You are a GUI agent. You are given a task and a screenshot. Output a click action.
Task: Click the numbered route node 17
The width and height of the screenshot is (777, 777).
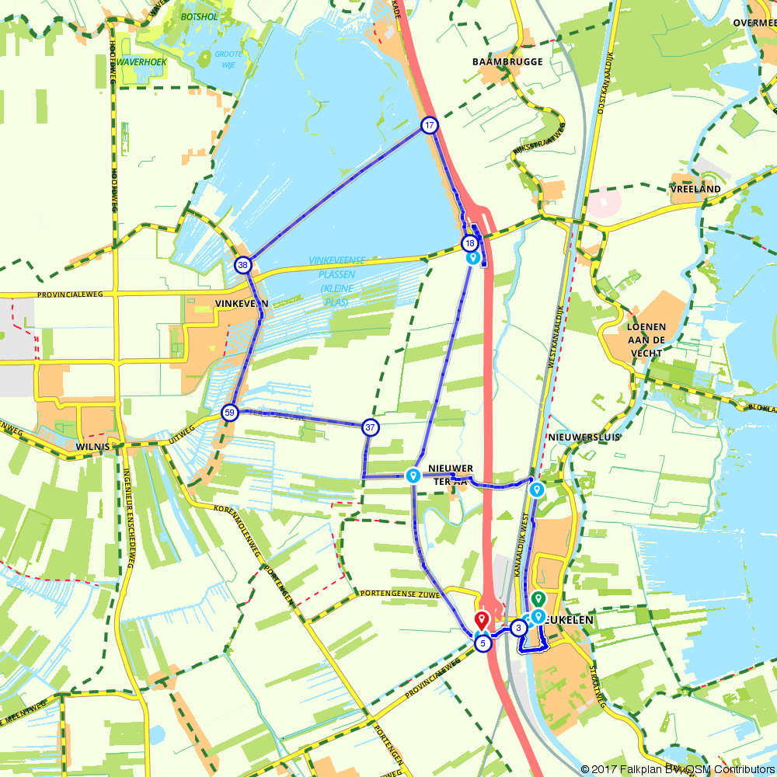429,125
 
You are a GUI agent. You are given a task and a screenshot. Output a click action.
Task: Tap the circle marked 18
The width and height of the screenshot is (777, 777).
469,242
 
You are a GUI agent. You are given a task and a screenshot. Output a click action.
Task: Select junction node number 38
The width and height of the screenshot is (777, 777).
243,265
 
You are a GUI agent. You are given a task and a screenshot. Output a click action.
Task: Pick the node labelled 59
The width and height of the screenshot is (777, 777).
229,412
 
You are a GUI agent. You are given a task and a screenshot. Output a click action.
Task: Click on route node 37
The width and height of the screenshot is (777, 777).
371,427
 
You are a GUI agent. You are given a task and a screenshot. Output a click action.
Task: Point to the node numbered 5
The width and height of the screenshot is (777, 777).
483,643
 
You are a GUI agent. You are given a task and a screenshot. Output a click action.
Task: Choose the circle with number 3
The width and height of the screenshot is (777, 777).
517,628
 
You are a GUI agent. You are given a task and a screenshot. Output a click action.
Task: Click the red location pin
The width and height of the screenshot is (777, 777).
482,621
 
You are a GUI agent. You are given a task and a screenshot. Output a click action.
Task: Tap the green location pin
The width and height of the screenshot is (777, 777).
538,599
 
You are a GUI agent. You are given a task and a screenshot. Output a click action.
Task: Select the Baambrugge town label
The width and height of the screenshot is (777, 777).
507,61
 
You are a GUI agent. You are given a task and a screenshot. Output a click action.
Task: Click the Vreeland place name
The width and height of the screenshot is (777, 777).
695,189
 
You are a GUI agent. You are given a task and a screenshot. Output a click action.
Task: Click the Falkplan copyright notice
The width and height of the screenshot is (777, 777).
677,769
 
